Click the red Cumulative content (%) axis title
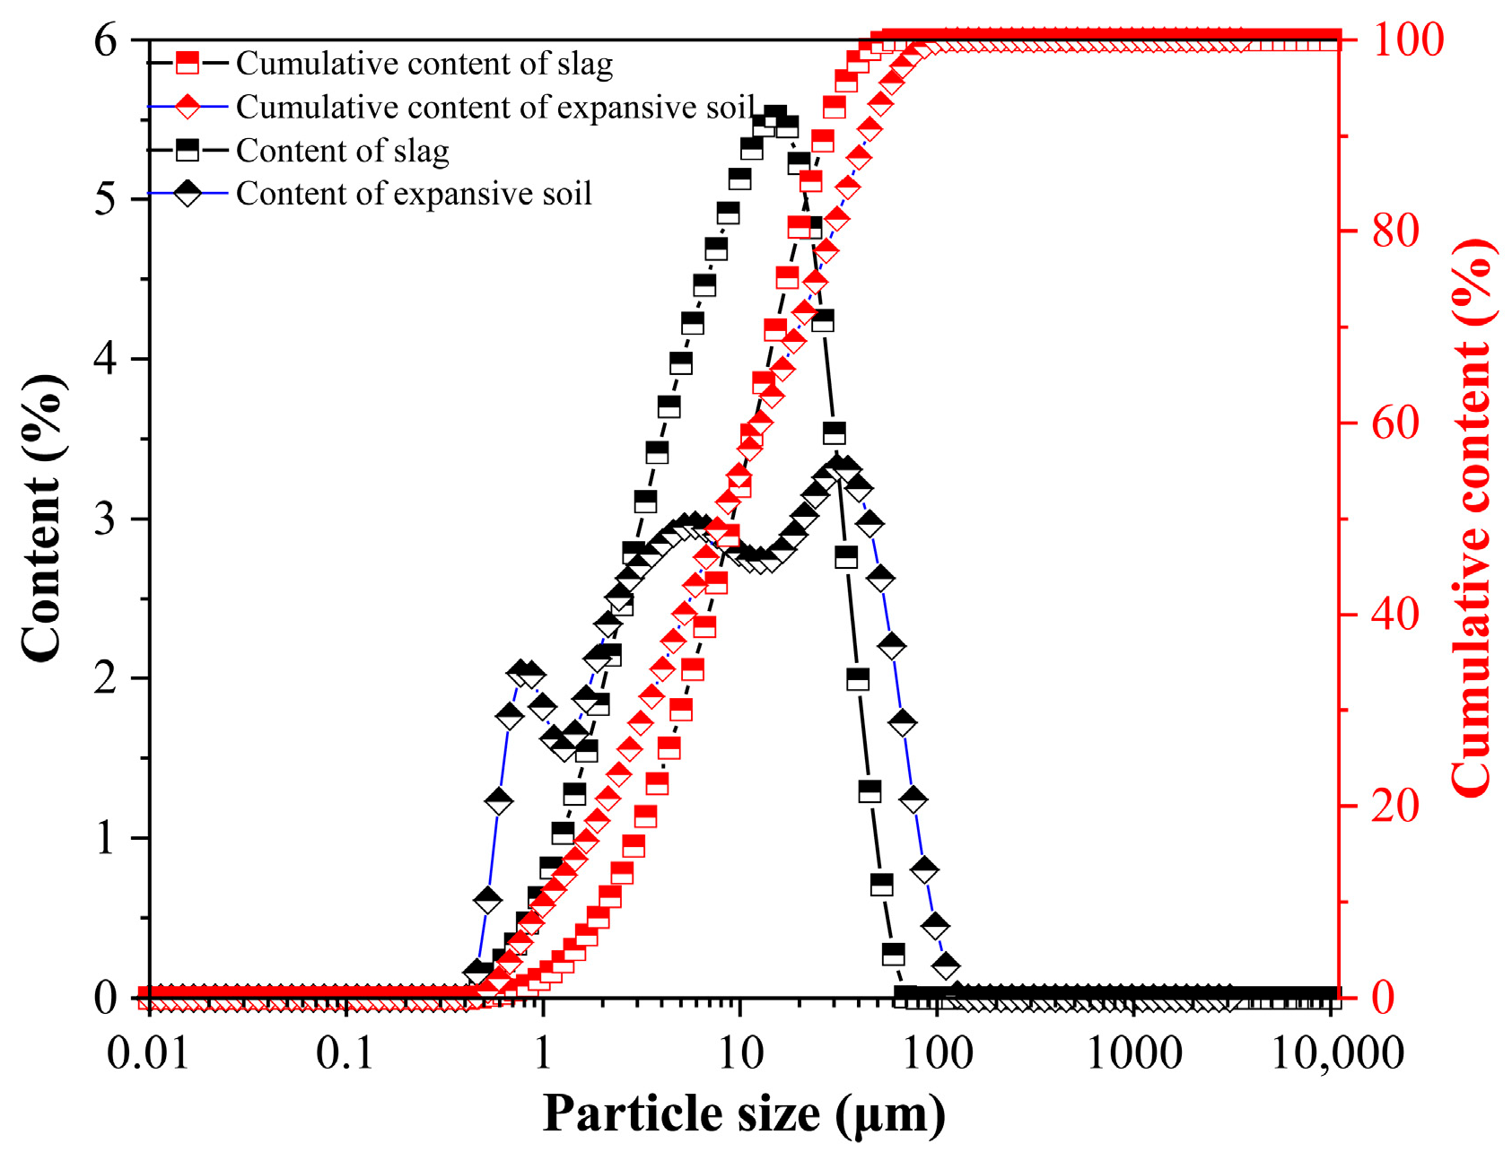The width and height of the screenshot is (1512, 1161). point(1472,518)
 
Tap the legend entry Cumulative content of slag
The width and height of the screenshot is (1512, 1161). point(424,64)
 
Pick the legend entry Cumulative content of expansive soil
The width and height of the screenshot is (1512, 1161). point(494,107)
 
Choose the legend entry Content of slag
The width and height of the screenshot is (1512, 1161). point(342,151)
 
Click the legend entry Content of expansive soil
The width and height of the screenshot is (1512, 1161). point(414,194)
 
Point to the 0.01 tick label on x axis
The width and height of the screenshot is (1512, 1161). point(148,1053)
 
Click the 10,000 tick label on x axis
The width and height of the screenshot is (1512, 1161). point(1337,1053)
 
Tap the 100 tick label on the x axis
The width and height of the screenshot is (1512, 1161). point(937,1053)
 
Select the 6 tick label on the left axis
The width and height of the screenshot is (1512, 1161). point(105,40)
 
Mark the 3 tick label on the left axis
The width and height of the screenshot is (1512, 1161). point(105,519)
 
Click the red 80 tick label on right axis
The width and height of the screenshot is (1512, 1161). point(1396,231)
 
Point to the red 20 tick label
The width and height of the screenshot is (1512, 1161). point(1396,806)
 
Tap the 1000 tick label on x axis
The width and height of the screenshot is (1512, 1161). point(1134,1053)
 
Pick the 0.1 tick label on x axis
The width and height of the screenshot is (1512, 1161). point(345,1053)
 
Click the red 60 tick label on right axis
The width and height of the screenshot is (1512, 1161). point(1396,423)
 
